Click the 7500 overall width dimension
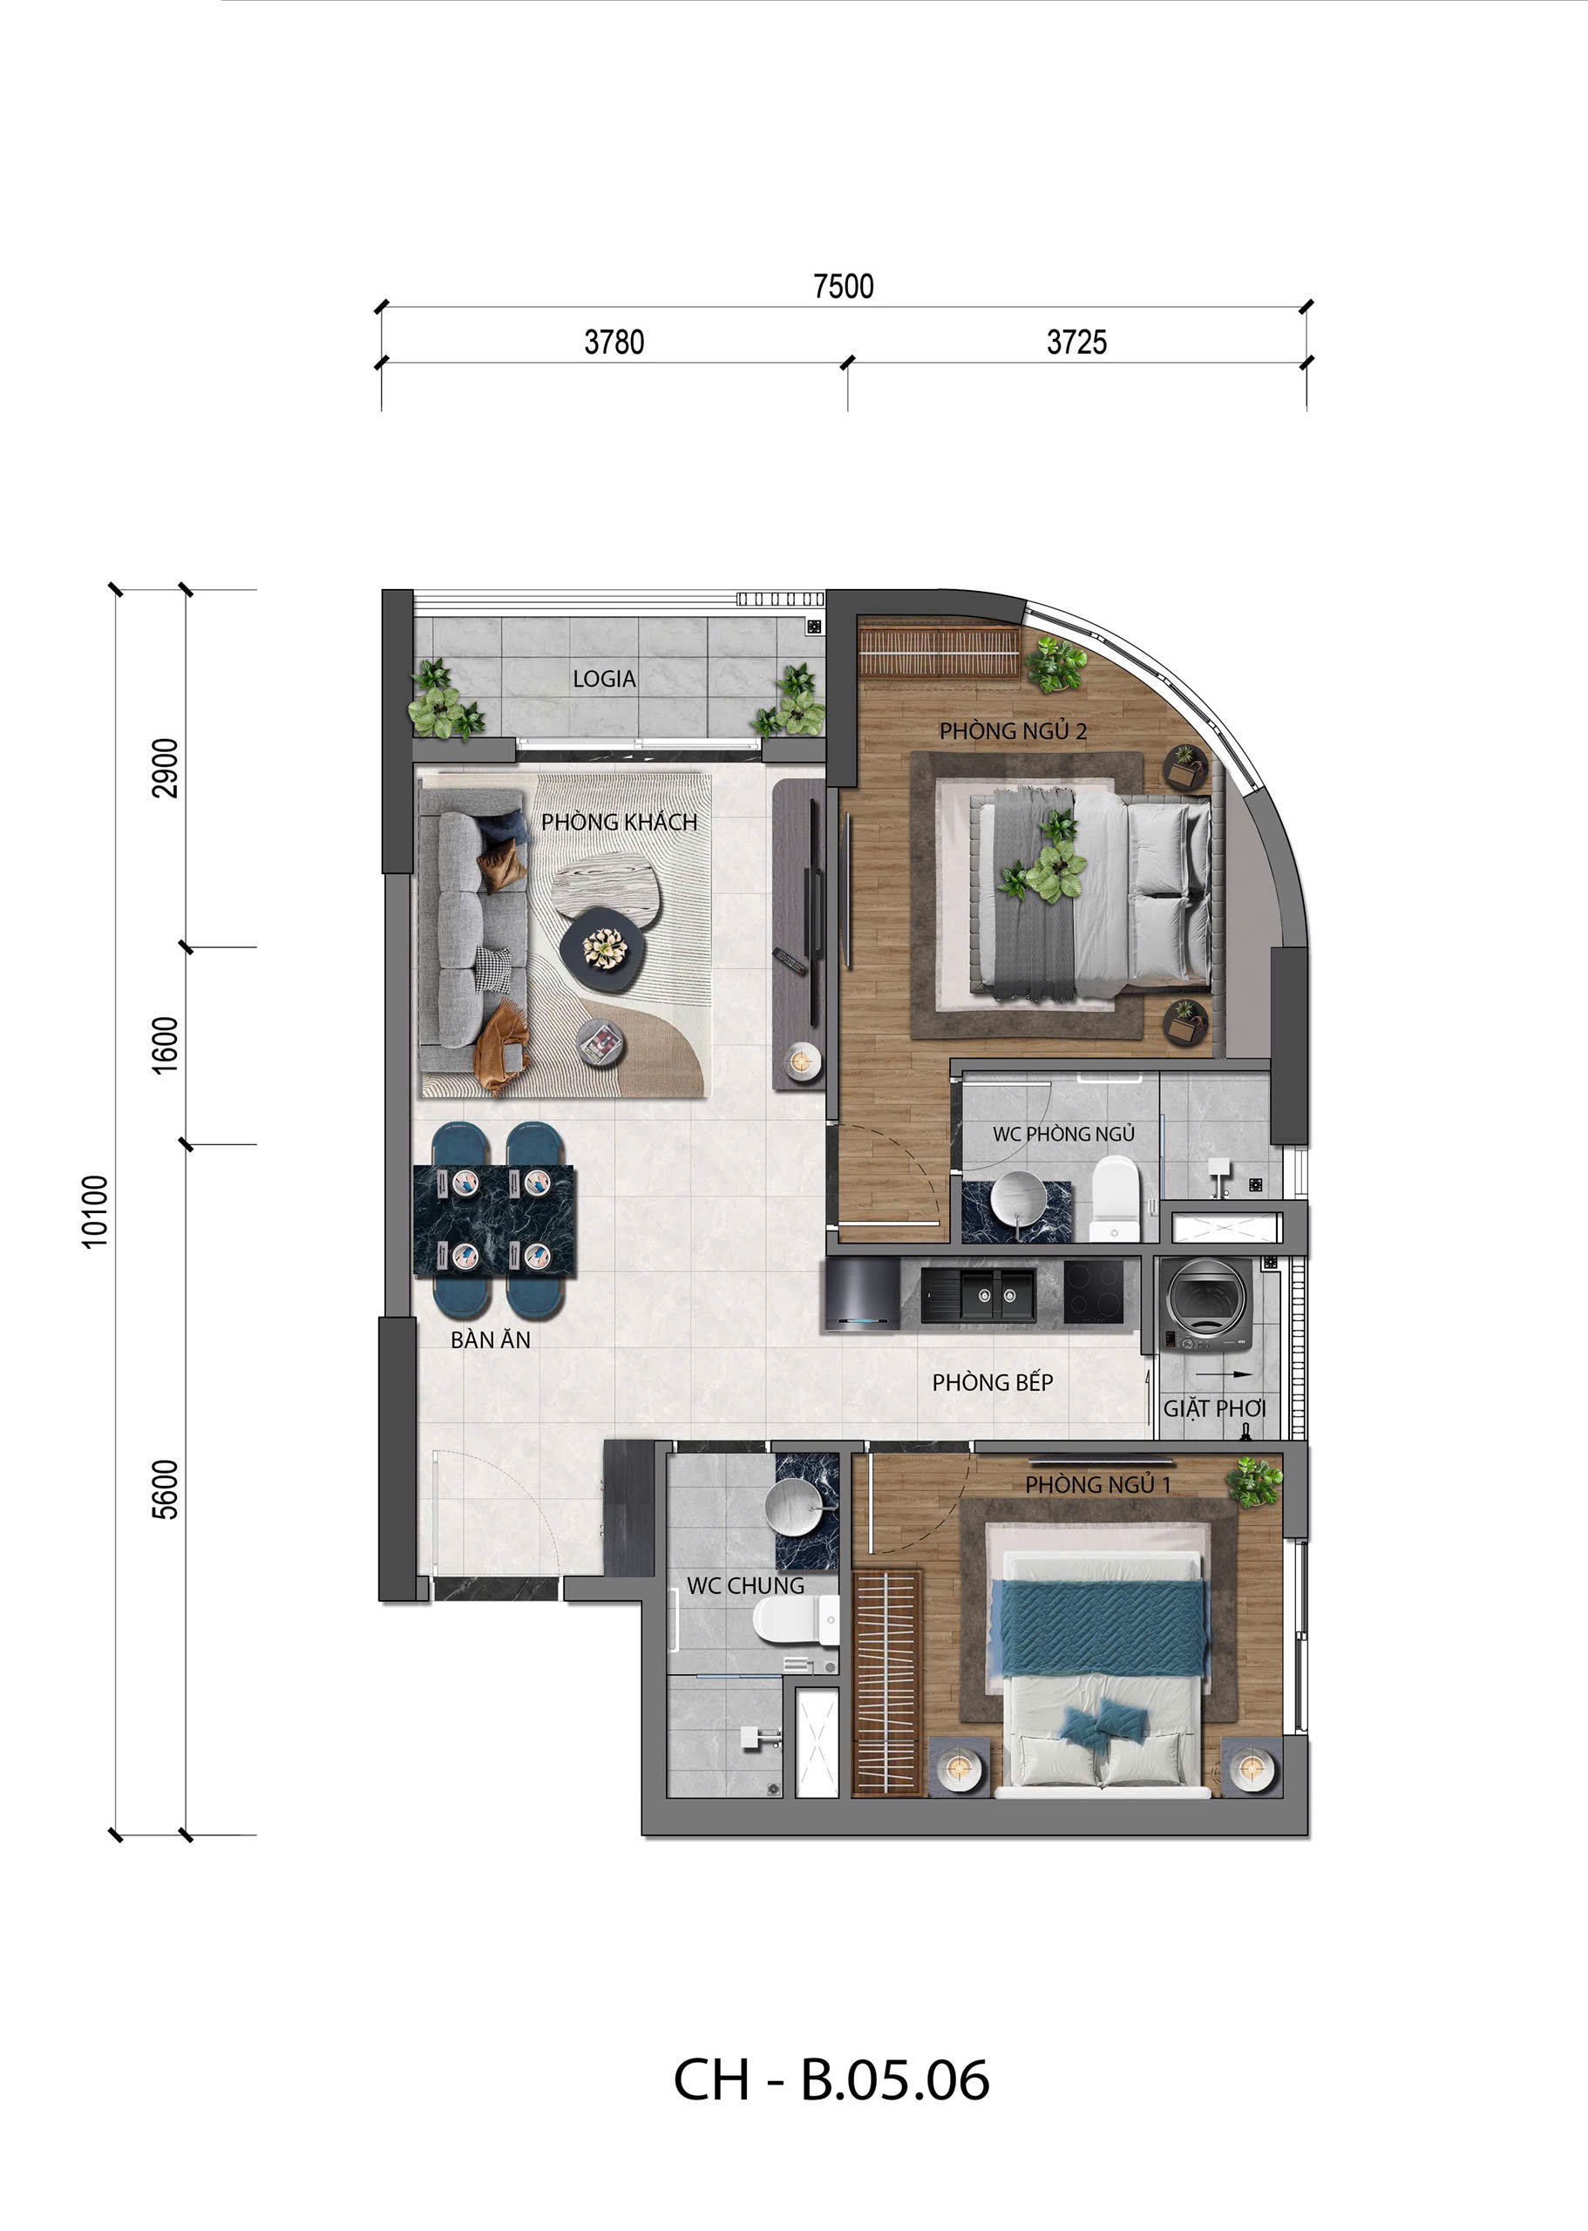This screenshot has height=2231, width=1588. (x=843, y=286)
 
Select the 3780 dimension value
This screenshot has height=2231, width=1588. (x=614, y=342)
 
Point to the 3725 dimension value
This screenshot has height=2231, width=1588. (x=1076, y=342)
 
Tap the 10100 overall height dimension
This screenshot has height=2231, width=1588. (x=94, y=1211)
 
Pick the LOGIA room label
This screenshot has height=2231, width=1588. (x=604, y=679)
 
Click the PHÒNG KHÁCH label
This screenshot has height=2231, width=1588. (x=619, y=822)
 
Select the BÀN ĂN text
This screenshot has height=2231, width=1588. (x=490, y=1340)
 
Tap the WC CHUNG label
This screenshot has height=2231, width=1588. (x=745, y=1586)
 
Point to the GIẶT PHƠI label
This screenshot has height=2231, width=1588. (x=1213, y=1409)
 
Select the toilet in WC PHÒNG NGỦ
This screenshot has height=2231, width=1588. (x=1115, y=1197)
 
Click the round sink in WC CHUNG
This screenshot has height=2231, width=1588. (x=797, y=1507)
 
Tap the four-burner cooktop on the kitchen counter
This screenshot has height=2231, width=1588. (x=1093, y=1292)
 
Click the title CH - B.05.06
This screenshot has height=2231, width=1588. (x=831, y=2080)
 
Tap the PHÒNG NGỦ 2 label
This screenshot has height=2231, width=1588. (x=1013, y=731)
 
